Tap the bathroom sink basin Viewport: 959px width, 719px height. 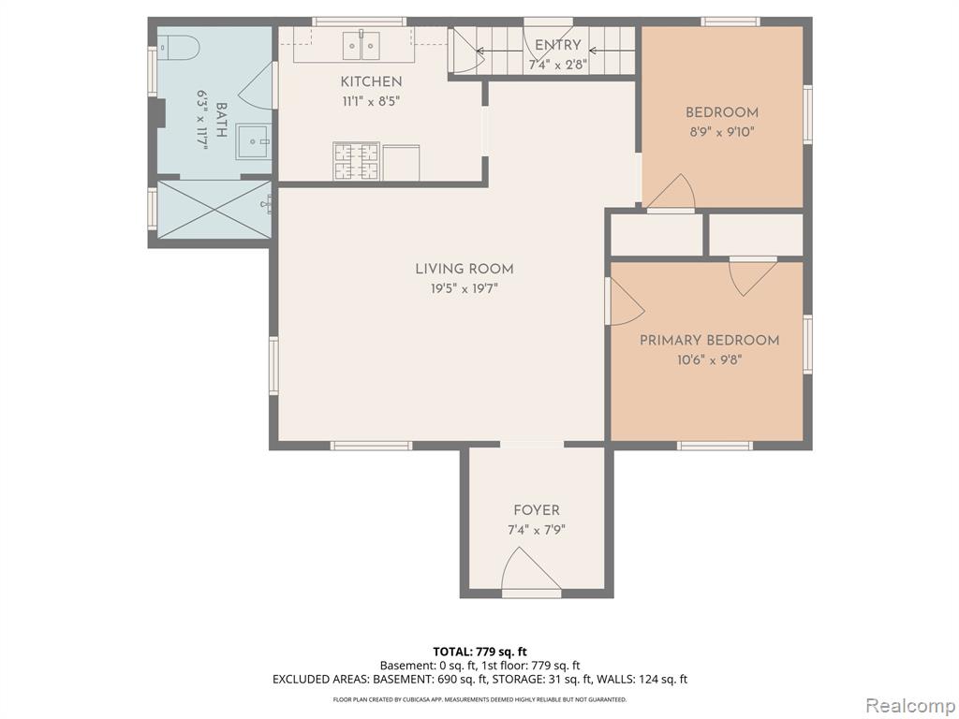pyautogui.click(x=254, y=142)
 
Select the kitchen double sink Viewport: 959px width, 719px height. pyautogui.click(x=361, y=45)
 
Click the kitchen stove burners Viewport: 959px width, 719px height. pyautogui.click(x=357, y=161)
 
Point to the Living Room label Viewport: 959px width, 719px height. pyautogui.click(x=465, y=269)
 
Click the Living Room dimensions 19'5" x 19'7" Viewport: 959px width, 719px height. pyautogui.click(x=465, y=289)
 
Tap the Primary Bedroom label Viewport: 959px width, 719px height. pyautogui.click(x=710, y=341)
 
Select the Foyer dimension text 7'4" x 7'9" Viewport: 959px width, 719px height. pyautogui.click(x=537, y=530)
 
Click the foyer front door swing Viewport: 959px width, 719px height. pyautogui.click(x=526, y=565)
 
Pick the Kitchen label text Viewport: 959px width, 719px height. pyautogui.click(x=371, y=82)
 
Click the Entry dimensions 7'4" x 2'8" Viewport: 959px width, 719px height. pyautogui.click(x=558, y=65)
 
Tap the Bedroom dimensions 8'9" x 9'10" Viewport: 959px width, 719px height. pyautogui.click(x=722, y=132)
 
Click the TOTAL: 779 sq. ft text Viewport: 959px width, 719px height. pyautogui.click(x=479, y=652)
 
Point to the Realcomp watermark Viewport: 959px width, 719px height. pyautogui.click(x=909, y=706)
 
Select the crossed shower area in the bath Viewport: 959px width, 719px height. pyautogui.click(x=214, y=209)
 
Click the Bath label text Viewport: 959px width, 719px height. pyautogui.click(x=222, y=120)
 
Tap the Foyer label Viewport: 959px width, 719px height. pyautogui.click(x=537, y=510)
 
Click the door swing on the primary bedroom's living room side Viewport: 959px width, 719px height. pyautogui.click(x=627, y=301)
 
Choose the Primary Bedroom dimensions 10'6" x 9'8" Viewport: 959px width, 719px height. pyautogui.click(x=710, y=360)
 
